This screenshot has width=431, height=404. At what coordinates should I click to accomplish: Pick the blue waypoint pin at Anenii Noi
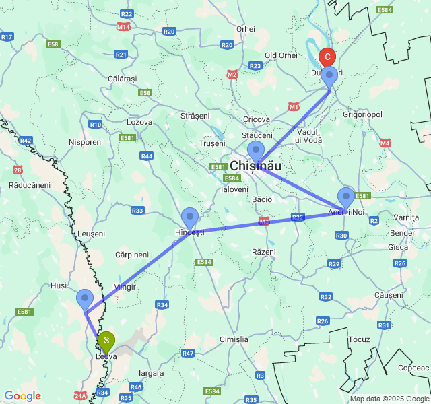click(x=346, y=197)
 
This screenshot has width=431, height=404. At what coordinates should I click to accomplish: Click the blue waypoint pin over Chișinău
click(x=256, y=151)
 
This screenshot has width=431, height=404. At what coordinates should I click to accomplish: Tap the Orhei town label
click(x=246, y=29)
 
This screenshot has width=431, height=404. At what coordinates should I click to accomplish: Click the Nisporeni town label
click(x=86, y=142)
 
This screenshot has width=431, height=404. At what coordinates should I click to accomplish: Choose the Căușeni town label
click(x=388, y=295)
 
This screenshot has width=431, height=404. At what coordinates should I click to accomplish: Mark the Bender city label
click(x=403, y=233)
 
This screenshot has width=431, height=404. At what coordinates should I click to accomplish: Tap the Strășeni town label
click(x=195, y=116)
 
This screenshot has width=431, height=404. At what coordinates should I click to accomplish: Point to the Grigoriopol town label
click(x=362, y=114)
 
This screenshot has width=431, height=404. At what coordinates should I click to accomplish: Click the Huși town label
click(x=59, y=285)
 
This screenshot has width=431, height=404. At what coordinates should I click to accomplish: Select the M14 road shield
click(x=123, y=27)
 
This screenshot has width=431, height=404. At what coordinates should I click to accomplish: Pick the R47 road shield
click(x=188, y=353)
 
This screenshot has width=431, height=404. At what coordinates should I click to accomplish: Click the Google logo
click(x=22, y=396)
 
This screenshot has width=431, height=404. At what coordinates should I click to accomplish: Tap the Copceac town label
click(x=413, y=368)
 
